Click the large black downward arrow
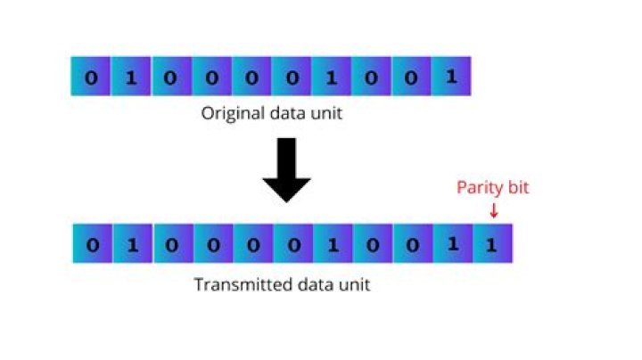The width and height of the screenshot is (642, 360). click(286, 169)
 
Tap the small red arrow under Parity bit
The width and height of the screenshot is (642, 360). click(494, 210)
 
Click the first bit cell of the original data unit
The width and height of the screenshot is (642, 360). click(91, 77)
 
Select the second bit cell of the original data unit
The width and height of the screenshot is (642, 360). click(131, 77)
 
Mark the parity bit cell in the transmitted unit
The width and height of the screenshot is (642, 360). click(492, 243)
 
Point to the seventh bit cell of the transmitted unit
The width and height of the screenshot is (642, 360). click(332, 243)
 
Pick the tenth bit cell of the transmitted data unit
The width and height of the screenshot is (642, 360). click(452, 243)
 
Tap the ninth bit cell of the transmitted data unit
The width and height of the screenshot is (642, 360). click(412, 243)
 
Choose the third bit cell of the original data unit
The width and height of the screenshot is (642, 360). click(171, 77)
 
